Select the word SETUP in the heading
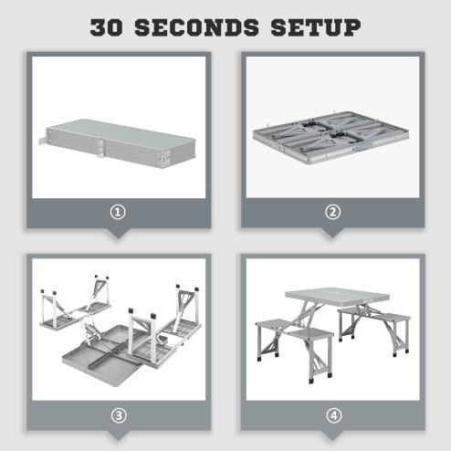click(316, 26)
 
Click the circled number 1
click(118, 212)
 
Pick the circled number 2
click(333, 212)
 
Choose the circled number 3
click(118, 414)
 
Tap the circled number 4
click(333, 414)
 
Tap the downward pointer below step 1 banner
click(118, 233)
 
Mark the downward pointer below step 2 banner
click(333, 233)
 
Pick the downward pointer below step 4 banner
click(333, 435)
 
